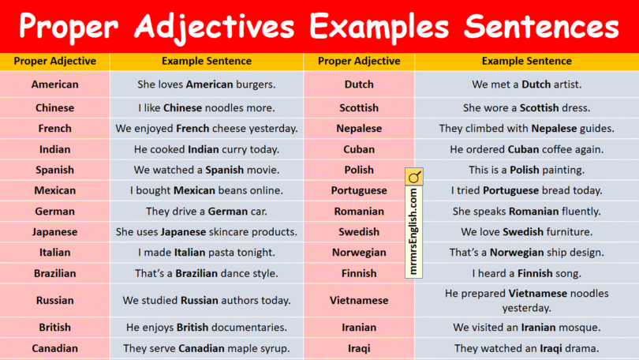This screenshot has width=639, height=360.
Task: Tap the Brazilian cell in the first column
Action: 54,273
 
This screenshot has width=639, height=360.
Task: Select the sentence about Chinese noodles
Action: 207,107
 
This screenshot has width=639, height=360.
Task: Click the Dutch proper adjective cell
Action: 359,84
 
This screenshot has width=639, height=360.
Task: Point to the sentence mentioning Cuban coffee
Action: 526,149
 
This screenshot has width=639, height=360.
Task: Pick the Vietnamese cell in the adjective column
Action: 359,300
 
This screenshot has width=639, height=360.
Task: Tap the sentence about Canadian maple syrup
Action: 207,347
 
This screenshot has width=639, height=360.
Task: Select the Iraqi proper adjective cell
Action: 359,347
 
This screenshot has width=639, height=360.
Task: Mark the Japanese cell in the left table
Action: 54,232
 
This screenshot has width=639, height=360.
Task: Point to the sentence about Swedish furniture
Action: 526,232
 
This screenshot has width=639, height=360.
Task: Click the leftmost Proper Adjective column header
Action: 54,61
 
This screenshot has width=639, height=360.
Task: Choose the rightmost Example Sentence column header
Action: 526,61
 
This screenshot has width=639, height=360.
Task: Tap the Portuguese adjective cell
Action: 359,190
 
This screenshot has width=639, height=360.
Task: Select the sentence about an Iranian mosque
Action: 526,327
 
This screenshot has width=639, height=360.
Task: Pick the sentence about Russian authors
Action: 207,300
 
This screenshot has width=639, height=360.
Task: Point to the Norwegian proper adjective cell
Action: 359,253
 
